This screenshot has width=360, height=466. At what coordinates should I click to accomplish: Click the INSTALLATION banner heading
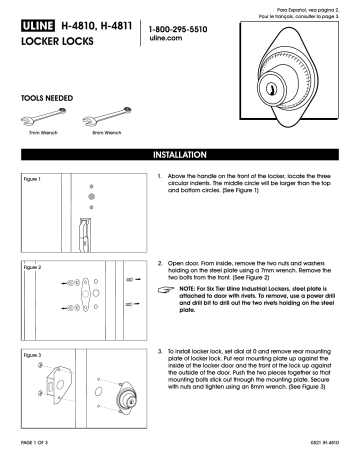click(x=180, y=156)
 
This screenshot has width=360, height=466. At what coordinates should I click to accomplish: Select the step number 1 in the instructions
click(x=161, y=175)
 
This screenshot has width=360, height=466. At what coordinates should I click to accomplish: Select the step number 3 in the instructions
click(x=161, y=353)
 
